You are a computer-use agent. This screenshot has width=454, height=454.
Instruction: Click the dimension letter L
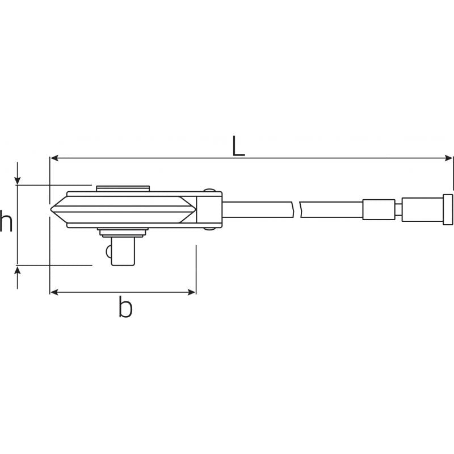click(x=238, y=146)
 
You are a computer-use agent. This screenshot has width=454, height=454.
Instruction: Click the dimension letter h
click(x=6, y=221)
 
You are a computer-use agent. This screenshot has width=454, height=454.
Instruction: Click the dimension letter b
click(x=125, y=306)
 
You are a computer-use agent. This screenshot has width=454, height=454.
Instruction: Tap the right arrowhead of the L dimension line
click(x=448, y=158)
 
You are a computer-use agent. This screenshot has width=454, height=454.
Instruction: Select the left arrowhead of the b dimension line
click(x=54, y=292)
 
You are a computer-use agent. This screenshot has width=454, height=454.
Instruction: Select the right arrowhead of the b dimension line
click(x=192, y=292)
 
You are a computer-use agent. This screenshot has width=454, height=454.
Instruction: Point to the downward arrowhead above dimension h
click(x=18, y=180)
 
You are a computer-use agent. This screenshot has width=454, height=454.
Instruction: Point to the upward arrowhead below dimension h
click(x=18, y=270)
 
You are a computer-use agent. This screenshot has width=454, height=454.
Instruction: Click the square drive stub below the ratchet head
click(x=123, y=251)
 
